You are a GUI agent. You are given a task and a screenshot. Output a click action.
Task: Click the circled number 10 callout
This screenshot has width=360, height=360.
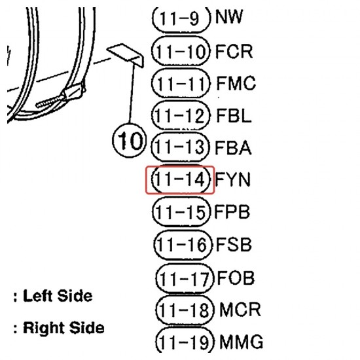129,141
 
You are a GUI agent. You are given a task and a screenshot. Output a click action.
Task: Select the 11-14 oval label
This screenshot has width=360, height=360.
181,179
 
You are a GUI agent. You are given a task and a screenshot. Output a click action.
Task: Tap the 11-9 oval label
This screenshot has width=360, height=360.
181,18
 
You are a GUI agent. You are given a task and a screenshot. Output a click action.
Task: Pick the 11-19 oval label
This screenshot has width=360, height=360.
185,341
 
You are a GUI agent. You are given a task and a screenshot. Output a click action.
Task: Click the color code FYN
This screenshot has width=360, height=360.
232,179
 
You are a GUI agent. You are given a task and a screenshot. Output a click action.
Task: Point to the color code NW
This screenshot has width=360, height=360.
229,16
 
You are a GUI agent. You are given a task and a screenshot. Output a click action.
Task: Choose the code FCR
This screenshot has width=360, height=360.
234,51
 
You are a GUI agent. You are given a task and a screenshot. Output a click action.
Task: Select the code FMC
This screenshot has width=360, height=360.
236,83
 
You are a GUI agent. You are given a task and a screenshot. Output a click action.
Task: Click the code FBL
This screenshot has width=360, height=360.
234,115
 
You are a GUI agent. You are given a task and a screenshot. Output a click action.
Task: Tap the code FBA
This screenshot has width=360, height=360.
233,147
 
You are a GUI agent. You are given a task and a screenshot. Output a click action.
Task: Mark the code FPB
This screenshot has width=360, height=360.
232,211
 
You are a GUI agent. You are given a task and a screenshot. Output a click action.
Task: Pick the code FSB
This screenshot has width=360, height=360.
234,244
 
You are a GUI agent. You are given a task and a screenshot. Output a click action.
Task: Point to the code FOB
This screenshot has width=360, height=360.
236,278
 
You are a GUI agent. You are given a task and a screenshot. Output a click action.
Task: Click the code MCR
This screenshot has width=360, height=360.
240,310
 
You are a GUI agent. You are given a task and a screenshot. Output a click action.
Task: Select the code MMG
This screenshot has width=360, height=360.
242,342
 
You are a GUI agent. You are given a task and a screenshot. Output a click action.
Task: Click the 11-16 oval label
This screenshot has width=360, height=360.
183,245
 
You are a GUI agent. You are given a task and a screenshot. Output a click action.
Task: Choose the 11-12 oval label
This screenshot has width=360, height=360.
181,115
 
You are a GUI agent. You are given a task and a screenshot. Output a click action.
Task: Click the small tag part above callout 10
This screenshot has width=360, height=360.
126,54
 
